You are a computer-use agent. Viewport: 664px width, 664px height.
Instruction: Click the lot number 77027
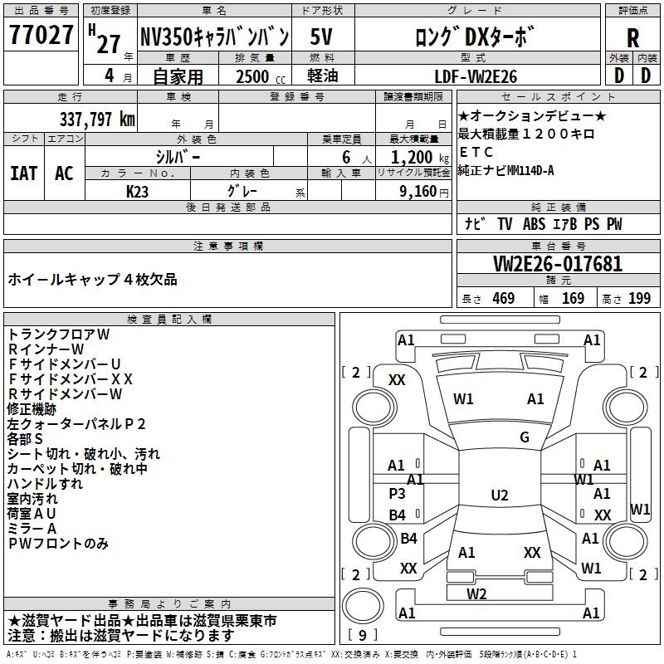click(x=41, y=37)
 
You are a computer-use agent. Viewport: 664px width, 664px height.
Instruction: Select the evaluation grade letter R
click(x=632, y=37)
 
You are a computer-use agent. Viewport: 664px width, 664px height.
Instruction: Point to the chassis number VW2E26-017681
click(x=557, y=265)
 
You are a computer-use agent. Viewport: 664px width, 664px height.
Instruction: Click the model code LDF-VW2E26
click(x=476, y=76)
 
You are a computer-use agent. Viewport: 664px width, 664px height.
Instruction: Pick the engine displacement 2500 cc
click(x=254, y=76)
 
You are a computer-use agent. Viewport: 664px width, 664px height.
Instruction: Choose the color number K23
click(x=138, y=190)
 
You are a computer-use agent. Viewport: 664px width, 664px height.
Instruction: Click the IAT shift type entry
click(x=24, y=173)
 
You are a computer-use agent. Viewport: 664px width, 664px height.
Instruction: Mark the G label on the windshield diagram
click(x=525, y=437)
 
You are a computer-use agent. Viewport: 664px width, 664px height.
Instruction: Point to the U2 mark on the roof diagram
click(x=500, y=496)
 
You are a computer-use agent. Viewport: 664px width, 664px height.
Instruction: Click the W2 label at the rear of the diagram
click(x=476, y=593)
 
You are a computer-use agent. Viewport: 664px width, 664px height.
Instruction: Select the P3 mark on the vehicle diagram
click(x=398, y=493)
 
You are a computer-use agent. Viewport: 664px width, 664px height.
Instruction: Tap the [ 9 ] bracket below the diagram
click(x=363, y=635)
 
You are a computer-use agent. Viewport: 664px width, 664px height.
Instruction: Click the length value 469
click(x=502, y=299)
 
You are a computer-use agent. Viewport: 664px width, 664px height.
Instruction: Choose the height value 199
click(x=639, y=299)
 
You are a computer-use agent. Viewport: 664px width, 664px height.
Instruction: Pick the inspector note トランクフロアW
click(x=59, y=334)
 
